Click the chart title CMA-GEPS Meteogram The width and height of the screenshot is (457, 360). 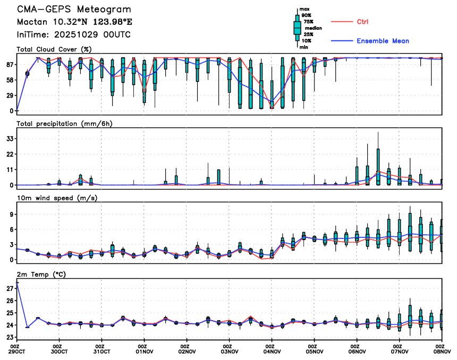coord(73,10)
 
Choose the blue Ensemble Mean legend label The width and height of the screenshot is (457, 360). coord(383,41)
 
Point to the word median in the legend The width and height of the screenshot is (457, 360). coord(312,28)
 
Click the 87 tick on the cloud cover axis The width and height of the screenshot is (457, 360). coord(10,64)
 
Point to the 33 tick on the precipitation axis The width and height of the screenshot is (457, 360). coord(10,139)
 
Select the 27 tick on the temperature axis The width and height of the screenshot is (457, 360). coord(10,288)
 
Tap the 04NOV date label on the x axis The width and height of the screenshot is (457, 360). coord(272,351)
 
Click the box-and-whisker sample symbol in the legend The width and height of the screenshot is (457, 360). coord(297,28)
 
